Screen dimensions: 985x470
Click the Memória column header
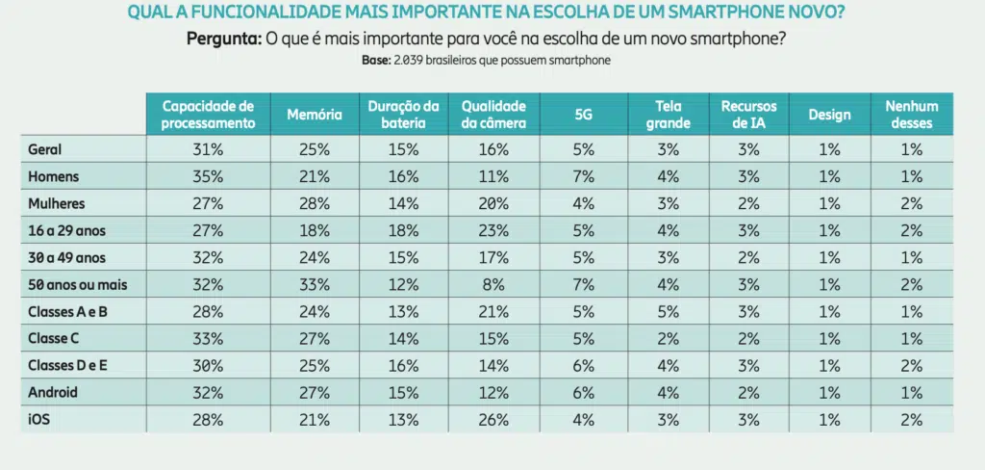pyautogui.click(x=315, y=115)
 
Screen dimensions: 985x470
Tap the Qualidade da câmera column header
pyautogui.click(x=493, y=115)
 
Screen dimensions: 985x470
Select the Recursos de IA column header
pyautogui.click(x=748, y=115)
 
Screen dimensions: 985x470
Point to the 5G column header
pyautogui.click(x=584, y=115)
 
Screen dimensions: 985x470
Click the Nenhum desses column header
pyautogui.click(x=912, y=115)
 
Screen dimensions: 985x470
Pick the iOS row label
pyautogui.click(x=38, y=420)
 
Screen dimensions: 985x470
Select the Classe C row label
pyautogui.click(x=54, y=338)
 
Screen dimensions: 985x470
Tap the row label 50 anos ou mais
pyautogui.click(x=77, y=285)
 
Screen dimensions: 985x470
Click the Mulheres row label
pyautogui.click(x=56, y=204)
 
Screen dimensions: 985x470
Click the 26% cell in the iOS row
pyautogui.click(x=493, y=420)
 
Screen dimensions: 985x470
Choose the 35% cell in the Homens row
pyautogui.click(x=208, y=177)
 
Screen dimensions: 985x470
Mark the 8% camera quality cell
pyautogui.click(x=493, y=285)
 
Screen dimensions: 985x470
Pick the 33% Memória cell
pyautogui.click(x=315, y=285)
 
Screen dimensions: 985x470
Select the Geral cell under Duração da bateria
pyautogui.click(x=403, y=149)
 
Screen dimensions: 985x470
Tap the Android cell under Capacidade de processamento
pyautogui.click(x=208, y=393)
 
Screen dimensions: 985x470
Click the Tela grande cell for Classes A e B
pyautogui.click(x=668, y=312)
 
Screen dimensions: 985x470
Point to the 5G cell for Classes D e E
pyautogui.click(x=584, y=366)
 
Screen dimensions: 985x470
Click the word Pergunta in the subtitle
pyautogui.click(x=224, y=39)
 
